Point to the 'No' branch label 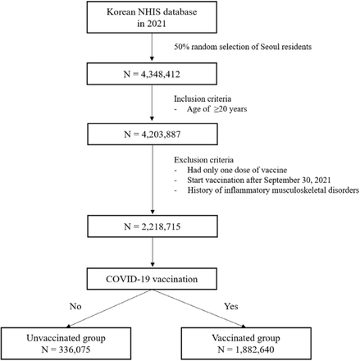[x=75, y=306]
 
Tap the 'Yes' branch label [x=231, y=306]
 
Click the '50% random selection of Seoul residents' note [x=243, y=47]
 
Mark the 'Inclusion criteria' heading [x=203, y=98]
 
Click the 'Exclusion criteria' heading [x=203, y=160]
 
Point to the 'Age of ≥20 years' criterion [x=216, y=109]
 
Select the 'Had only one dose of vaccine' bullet [x=237, y=170]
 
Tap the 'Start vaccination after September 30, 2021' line [x=259, y=180]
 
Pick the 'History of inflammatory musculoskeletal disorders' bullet [x=273, y=190]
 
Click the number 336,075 [x=75, y=350]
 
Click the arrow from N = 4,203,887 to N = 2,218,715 [x=153, y=180]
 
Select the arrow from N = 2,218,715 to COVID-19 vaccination [x=153, y=252]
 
